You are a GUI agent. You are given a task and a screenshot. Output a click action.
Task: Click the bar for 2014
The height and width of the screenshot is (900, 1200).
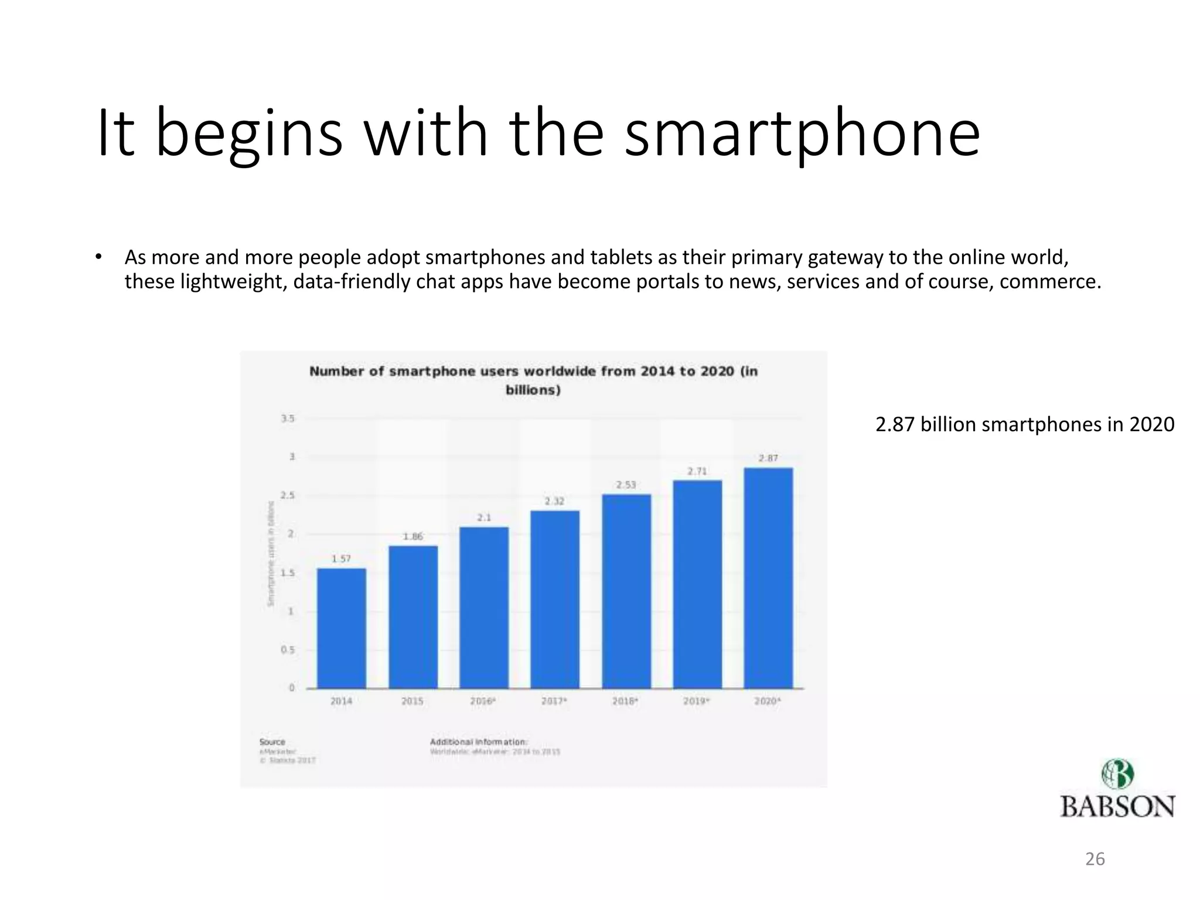(342, 628)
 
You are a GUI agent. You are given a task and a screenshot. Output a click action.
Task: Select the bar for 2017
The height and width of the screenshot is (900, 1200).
(555, 599)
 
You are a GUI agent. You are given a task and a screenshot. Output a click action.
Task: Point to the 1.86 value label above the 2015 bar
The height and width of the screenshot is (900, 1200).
(413, 536)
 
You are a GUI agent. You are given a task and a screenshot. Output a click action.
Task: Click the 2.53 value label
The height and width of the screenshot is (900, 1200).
(626, 485)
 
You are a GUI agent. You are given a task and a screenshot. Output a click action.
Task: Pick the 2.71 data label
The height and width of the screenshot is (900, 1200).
(697, 471)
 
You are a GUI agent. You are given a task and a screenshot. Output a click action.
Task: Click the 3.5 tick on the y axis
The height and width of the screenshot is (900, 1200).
(288, 418)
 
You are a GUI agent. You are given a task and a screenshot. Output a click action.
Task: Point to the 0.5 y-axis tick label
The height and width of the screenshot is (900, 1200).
(288, 650)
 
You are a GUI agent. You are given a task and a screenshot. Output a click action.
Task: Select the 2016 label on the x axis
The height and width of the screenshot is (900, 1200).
(483, 701)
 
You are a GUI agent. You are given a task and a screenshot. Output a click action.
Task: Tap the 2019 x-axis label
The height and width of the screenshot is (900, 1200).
(696, 701)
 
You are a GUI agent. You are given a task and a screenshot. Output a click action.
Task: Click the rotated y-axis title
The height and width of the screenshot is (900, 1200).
(271, 553)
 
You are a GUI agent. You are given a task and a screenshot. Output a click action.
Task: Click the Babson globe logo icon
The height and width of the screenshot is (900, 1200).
(1117, 775)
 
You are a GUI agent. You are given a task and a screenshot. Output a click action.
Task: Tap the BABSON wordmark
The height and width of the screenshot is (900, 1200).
(1117, 807)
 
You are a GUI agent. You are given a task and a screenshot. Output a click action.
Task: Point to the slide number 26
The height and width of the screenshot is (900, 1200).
(1095, 859)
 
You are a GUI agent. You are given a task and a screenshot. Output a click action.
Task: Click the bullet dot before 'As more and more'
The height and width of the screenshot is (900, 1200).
(99, 257)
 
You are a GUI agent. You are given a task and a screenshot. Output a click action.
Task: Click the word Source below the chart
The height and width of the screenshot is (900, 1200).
(272, 742)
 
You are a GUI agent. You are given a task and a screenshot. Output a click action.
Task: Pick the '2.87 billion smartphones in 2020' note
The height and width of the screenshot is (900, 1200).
(1025, 424)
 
